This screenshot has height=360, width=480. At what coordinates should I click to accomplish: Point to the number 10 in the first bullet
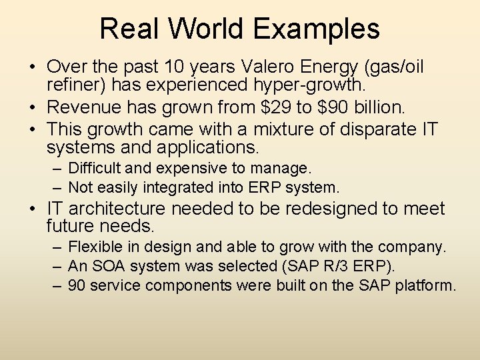point(183,67)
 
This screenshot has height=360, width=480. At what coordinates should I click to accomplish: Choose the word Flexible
point(95,247)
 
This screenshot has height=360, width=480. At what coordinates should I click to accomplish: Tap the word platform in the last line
point(427,285)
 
